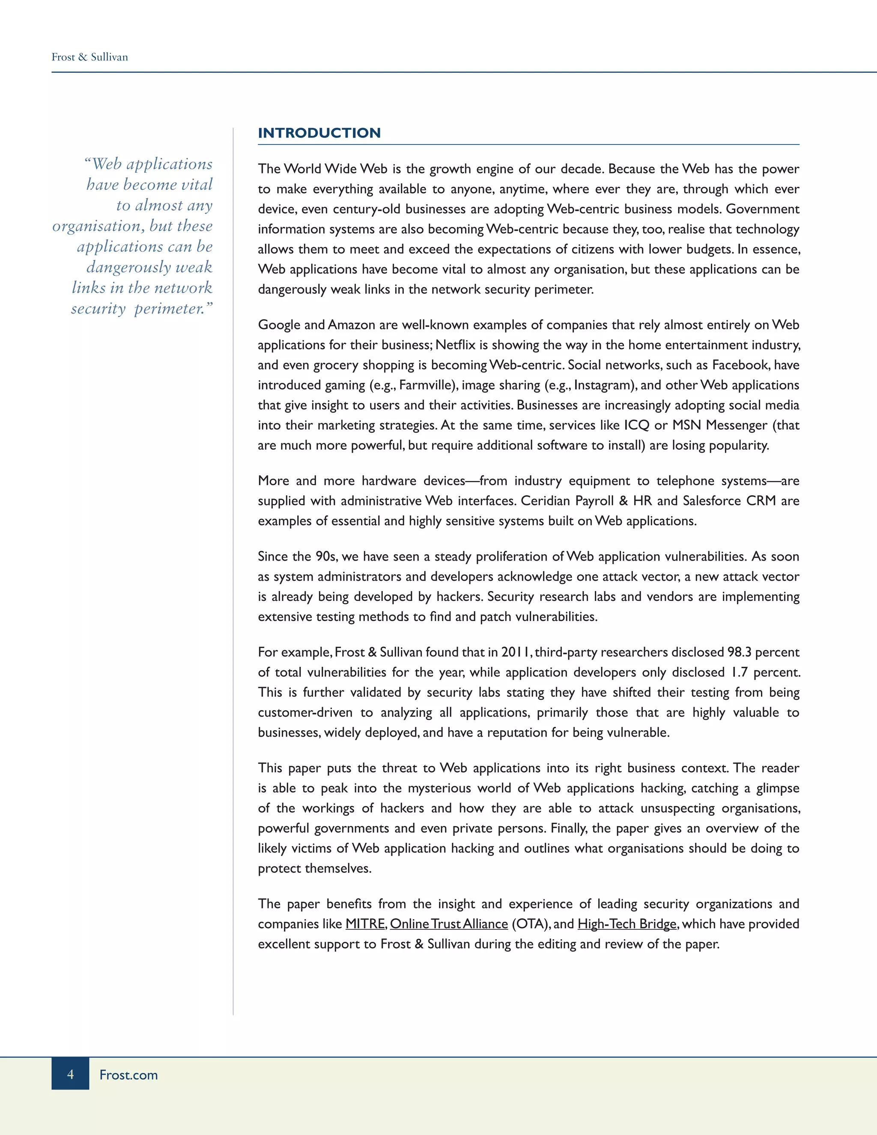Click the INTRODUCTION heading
(x=319, y=133)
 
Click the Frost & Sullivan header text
(x=89, y=57)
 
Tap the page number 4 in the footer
(x=70, y=1074)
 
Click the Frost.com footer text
(x=128, y=1075)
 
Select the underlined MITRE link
(x=365, y=924)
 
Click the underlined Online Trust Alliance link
(x=448, y=924)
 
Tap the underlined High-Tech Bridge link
(x=626, y=924)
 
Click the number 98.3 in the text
(x=739, y=652)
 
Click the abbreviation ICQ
(x=636, y=425)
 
